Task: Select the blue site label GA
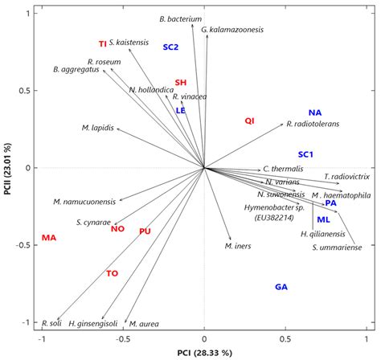[281, 287]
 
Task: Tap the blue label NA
[315, 112]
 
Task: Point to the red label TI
[102, 43]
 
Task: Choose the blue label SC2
[170, 47]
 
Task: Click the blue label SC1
[305, 153]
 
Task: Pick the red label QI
[250, 121]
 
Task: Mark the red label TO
[113, 274]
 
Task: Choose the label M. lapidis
[97, 128]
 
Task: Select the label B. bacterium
[180, 18]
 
